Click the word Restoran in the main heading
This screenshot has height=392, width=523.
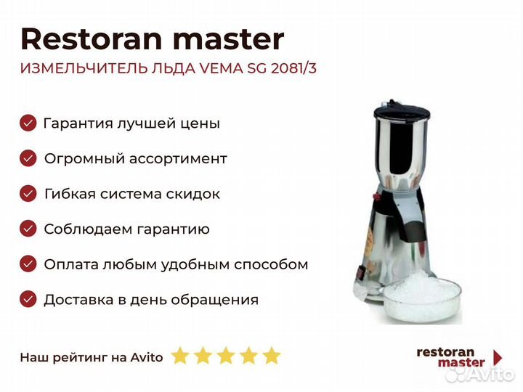point(92,39)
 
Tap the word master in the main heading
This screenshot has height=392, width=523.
point(229,40)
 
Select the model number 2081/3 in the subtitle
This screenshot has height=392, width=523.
point(293,68)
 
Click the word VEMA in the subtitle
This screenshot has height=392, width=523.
point(221,68)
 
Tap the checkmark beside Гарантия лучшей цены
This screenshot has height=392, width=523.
point(28,123)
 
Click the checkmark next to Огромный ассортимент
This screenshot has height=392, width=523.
point(28,158)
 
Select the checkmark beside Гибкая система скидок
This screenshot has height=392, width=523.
point(28,194)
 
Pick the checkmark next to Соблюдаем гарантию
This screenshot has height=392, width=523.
point(28,229)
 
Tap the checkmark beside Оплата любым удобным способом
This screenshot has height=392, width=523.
point(28,264)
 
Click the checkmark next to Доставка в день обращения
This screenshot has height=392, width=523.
point(28,299)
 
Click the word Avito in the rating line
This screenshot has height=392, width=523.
point(147,357)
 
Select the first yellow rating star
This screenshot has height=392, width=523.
point(180,355)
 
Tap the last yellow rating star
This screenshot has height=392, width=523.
point(272,355)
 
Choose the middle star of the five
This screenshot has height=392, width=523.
point(226,355)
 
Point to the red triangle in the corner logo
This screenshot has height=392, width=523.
point(498,358)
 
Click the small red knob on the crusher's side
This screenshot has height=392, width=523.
point(378,197)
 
